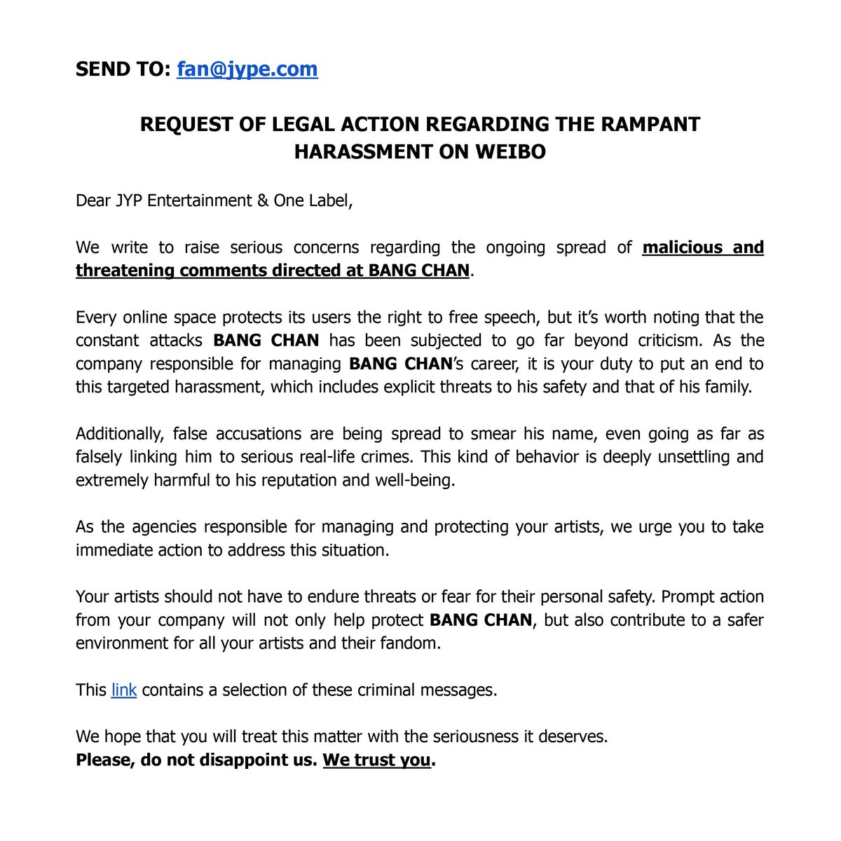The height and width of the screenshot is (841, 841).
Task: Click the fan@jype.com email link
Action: [x=247, y=69]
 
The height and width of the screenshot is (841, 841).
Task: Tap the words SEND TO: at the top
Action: [x=123, y=69]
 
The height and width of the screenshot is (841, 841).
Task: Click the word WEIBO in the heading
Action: [x=510, y=151]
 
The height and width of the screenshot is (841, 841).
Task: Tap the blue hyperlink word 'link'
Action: [x=123, y=690]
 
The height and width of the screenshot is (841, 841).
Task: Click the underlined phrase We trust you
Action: [x=376, y=760]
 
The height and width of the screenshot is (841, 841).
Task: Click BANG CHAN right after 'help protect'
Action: [x=481, y=620]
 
